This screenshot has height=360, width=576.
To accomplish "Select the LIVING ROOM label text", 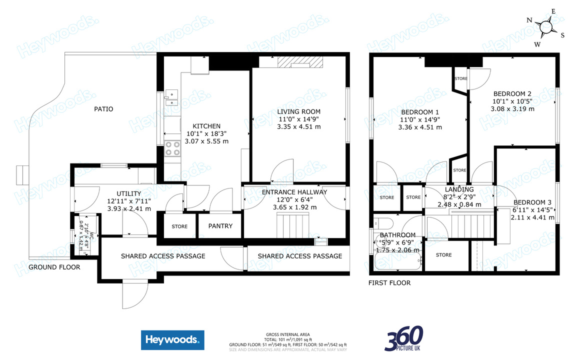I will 298,111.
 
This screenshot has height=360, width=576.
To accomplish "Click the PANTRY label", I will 220,226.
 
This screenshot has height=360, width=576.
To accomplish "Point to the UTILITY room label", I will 129,194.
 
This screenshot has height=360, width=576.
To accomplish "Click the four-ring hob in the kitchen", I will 172,149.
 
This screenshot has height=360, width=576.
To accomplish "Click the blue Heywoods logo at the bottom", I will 172,340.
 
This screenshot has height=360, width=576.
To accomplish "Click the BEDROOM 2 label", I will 512,93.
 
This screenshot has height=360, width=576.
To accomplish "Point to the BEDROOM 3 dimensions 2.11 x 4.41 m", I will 533,217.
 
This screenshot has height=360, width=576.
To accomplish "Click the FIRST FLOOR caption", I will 389,283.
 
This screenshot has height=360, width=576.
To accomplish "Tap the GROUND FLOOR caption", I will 54,267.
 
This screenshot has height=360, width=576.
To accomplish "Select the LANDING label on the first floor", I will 459,189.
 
